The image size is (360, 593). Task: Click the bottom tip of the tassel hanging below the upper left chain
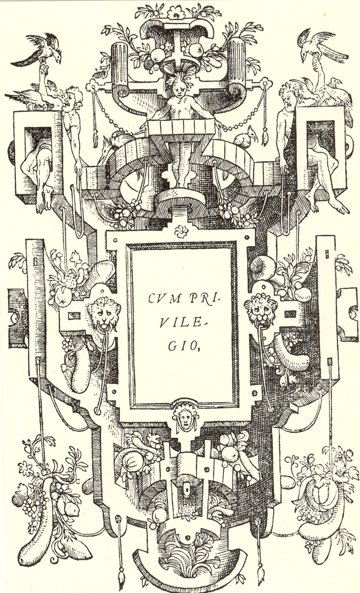pos(94,147)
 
